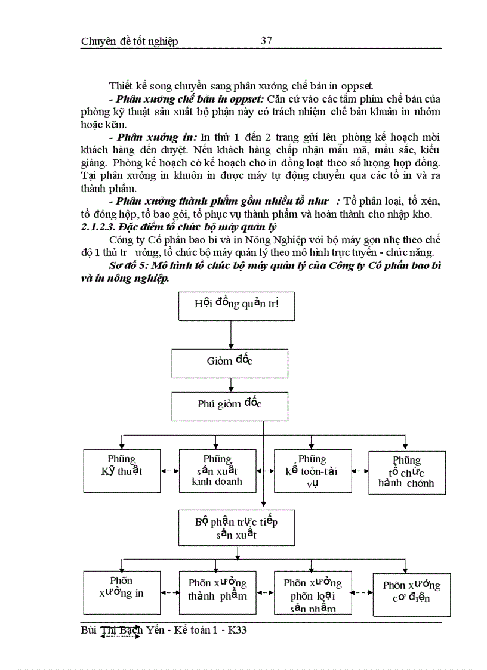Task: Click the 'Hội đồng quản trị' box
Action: tap(236, 303)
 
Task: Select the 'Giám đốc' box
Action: tap(230, 361)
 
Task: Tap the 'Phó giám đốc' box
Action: tap(230, 404)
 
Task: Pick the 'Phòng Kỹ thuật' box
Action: tap(122, 470)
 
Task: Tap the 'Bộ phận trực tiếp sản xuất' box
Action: tap(236, 527)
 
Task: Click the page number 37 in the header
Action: tap(267, 41)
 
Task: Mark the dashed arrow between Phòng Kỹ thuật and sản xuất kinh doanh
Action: tap(170, 471)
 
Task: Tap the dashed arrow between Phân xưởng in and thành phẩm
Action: tap(170, 592)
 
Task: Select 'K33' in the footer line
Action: tap(236, 631)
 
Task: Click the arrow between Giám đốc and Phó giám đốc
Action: tap(231, 383)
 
